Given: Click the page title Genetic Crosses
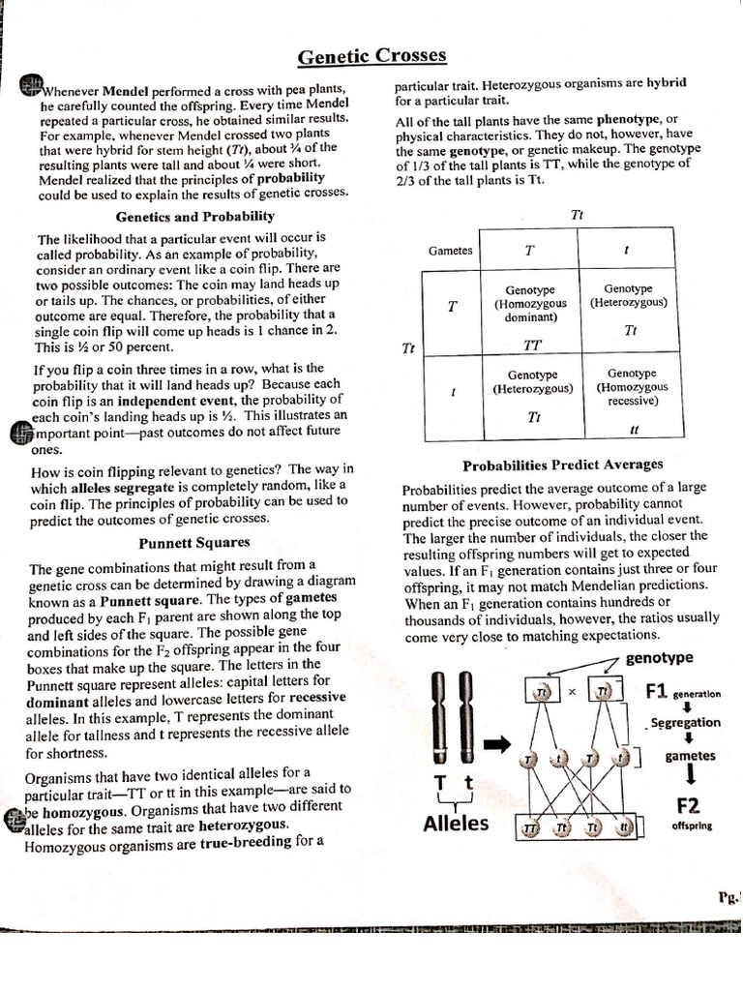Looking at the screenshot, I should (x=371, y=57).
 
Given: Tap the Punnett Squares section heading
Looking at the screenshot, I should (x=194, y=542).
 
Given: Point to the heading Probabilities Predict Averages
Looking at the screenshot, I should (x=562, y=465).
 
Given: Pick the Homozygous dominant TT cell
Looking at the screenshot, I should (x=530, y=315).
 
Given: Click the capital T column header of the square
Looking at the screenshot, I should (x=529, y=250).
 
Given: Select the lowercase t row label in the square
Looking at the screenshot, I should (x=453, y=393).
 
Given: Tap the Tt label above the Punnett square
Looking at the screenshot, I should (x=578, y=215).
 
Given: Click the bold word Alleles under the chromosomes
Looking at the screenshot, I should (x=456, y=824).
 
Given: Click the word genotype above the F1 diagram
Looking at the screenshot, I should (x=659, y=658).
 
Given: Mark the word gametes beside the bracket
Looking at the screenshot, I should (x=691, y=755).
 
